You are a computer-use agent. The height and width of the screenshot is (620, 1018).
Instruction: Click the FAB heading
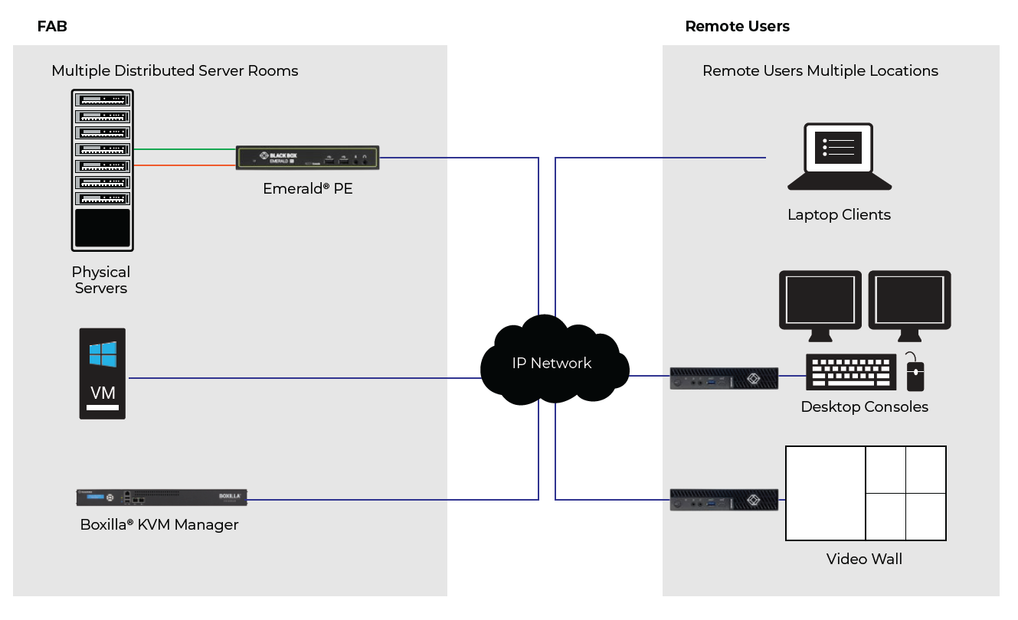[52, 26]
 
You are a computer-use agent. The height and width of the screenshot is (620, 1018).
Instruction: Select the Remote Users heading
[737, 26]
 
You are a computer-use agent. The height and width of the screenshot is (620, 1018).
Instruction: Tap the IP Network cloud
[552, 362]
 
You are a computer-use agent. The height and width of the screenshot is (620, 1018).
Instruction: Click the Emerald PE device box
[307, 158]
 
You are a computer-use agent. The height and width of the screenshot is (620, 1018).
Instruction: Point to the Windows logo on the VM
[103, 354]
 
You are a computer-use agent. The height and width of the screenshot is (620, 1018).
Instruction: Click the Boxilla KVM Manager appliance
[162, 497]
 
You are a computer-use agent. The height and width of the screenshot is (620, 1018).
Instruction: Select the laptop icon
[839, 158]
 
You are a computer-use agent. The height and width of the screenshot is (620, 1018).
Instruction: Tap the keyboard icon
[851, 373]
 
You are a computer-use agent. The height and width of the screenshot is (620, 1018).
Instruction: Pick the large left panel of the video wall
[826, 493]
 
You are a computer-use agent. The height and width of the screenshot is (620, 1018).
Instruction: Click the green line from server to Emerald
[184, 149]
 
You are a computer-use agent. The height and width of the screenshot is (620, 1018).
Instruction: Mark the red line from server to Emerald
[184, 165]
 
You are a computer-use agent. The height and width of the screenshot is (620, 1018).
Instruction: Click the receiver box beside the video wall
[724, 500]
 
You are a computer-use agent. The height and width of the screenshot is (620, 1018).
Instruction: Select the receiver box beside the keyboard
[724, 378]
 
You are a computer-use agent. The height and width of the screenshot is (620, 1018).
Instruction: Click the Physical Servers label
[101, 280]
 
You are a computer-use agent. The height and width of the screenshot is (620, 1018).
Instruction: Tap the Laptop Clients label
[839, 215]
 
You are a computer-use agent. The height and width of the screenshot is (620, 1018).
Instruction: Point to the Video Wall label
[864, 560]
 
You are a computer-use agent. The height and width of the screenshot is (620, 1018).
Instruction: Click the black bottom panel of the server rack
[103, 227]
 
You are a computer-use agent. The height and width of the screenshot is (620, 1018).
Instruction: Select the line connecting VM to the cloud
[306, 377]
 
